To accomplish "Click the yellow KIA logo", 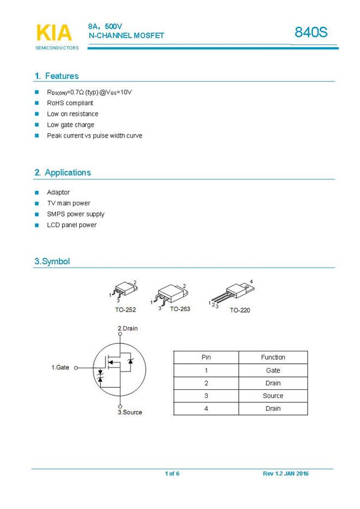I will [x=54, y=33].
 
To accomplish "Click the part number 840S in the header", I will [x=311, y=33].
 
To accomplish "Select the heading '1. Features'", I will [x=57, y=76].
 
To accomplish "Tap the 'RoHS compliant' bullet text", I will [x=70, y=103].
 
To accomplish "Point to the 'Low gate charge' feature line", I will [x=70, y=125].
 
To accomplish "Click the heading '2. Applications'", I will [x=63, y=172].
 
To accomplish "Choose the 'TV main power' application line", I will [x=69, y=203].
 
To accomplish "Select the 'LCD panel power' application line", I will [x=71, y=225].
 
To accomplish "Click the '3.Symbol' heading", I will [x=52, y=262].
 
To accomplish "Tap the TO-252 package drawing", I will [x=125, y=289].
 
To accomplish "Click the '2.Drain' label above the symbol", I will [x=128, y=328].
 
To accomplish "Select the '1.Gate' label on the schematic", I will [x=60, y=368].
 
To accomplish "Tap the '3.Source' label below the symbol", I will [x=130, y=412].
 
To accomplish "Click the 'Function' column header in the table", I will [x=273, y=357].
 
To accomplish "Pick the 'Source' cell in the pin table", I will [x=273, y=396].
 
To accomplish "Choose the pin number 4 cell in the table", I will [x=206, y=408].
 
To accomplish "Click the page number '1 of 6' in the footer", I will [x=172, y=474].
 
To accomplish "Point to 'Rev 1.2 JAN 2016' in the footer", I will [x=285, y=474].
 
